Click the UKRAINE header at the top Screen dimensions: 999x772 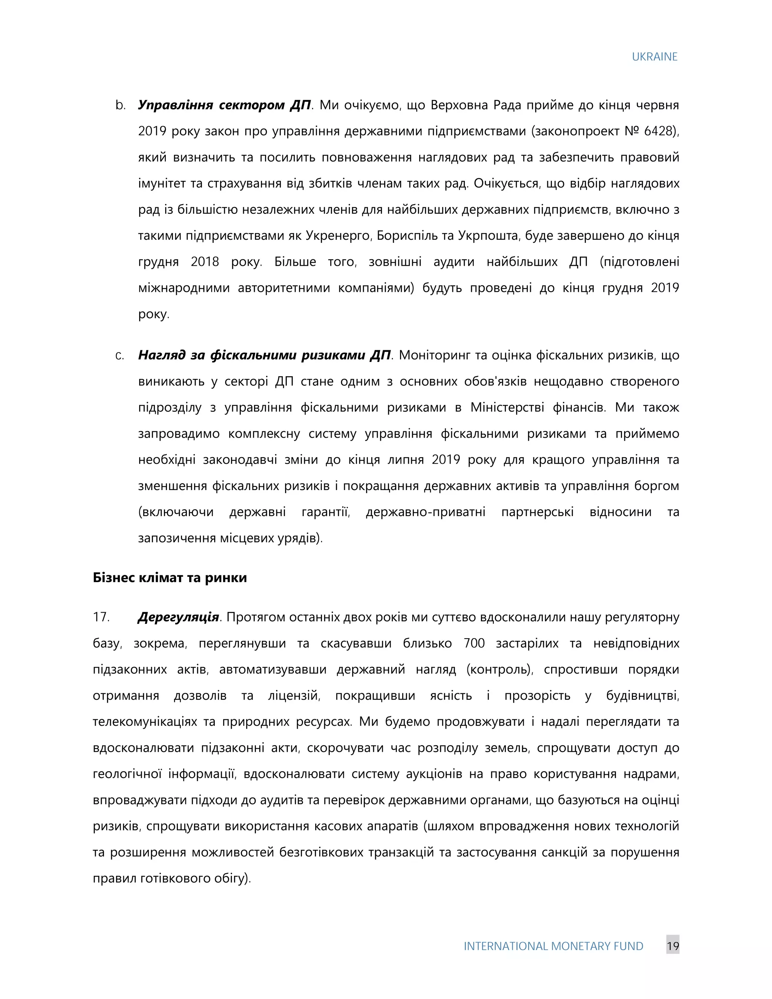click(654, 57)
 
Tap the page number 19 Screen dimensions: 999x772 click(672, 946)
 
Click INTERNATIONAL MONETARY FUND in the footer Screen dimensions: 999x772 click(553, 946)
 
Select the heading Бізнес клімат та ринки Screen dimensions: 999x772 click(170, 578)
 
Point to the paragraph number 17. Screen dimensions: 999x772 click(101, 617)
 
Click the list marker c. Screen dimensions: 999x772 click(120, 355)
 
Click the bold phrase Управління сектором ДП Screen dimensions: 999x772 click(224, 105)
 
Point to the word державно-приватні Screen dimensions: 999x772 click(425, 512)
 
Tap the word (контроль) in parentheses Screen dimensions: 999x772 click(500, 670)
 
